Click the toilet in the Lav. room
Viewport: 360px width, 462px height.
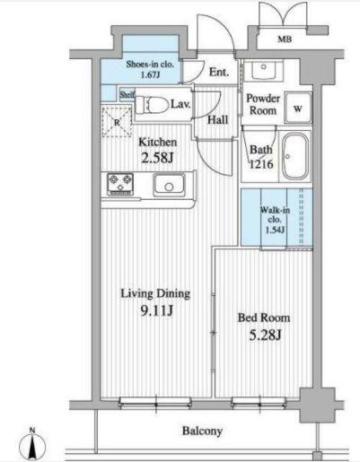tap(152, 105)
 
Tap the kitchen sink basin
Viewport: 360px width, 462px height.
tap(169, 185)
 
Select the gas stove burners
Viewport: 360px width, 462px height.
tap(120, 184)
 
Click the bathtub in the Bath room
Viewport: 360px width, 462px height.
tap(295, 156)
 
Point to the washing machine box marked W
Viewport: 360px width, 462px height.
tap(297, 108)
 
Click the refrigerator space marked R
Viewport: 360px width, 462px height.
tap(117, 122)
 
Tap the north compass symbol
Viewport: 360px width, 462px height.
tap(32, 446)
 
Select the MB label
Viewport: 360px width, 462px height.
tap(285, 39)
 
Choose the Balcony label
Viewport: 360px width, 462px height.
tap(202, 431)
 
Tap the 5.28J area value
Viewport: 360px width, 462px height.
tap(265, 336)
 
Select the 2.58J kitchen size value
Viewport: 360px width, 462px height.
tap(157, 158)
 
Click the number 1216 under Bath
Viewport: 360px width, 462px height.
tap(261, 164)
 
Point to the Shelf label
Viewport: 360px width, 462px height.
tap(127, 94)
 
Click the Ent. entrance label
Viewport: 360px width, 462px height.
tap(219, 72)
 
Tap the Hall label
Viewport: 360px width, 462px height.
tap(217, 120)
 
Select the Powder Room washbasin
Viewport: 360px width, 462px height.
tap(263, 69)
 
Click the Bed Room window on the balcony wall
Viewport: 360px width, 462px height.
tap(259, 402)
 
